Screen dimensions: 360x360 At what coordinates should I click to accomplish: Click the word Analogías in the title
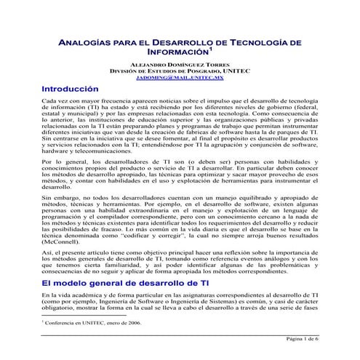tap(85, 44)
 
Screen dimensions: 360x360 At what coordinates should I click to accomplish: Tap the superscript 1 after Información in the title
tap(211, 50)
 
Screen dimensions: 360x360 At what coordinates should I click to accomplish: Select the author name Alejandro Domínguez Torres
tap(180, 63)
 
